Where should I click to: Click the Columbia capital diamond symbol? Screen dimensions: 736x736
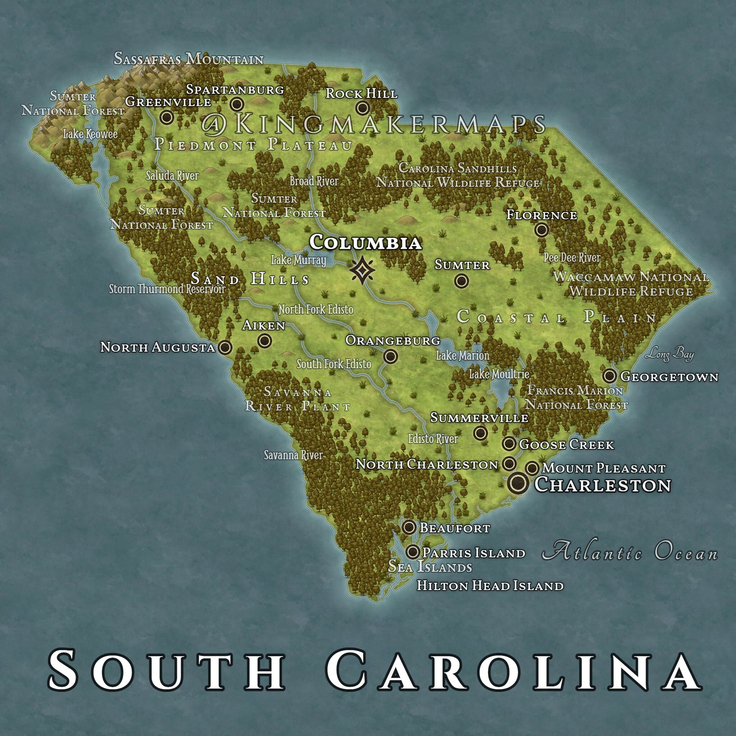pyautogui.click(x=362, y=270)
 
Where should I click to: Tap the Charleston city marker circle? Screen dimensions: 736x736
pyautogui.click(x=518, y=483)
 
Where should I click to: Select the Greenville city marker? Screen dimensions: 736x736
pyautogui.click(x=166, y=117)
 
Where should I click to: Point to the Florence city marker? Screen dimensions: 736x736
pyautogui.click(x=541, y=230)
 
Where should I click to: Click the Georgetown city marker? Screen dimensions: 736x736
pyautogui.click(x=609, y=376)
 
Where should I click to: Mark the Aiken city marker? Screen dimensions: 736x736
pyautogui.click(x=264, y=340)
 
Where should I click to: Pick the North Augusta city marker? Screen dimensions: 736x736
pyautogui.click(x=225, y=347)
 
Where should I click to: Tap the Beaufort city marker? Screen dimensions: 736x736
pyautogui.click(x=409, y=527)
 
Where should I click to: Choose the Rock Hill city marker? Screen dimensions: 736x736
pyautogui.click(x=362, y=108)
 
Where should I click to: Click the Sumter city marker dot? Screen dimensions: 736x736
pyautogui.click(x=461, y=281)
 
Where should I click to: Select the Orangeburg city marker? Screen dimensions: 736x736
pyautogui.click(x=391, y=356)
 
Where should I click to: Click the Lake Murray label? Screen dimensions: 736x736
pyautogui.click(x=298, y=260)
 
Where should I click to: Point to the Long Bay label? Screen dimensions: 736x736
pyautogui.click(x=669, y=355)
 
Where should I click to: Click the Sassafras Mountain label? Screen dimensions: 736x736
pyautogui.click(x=189, y=59)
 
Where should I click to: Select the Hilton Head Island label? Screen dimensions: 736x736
pyautogui.click(x=490, y=585)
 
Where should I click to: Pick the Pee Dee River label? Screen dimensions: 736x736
pyautogui.click(x=571, y=258)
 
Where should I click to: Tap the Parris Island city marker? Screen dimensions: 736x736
pyautogui.click(x=413, y=552)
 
